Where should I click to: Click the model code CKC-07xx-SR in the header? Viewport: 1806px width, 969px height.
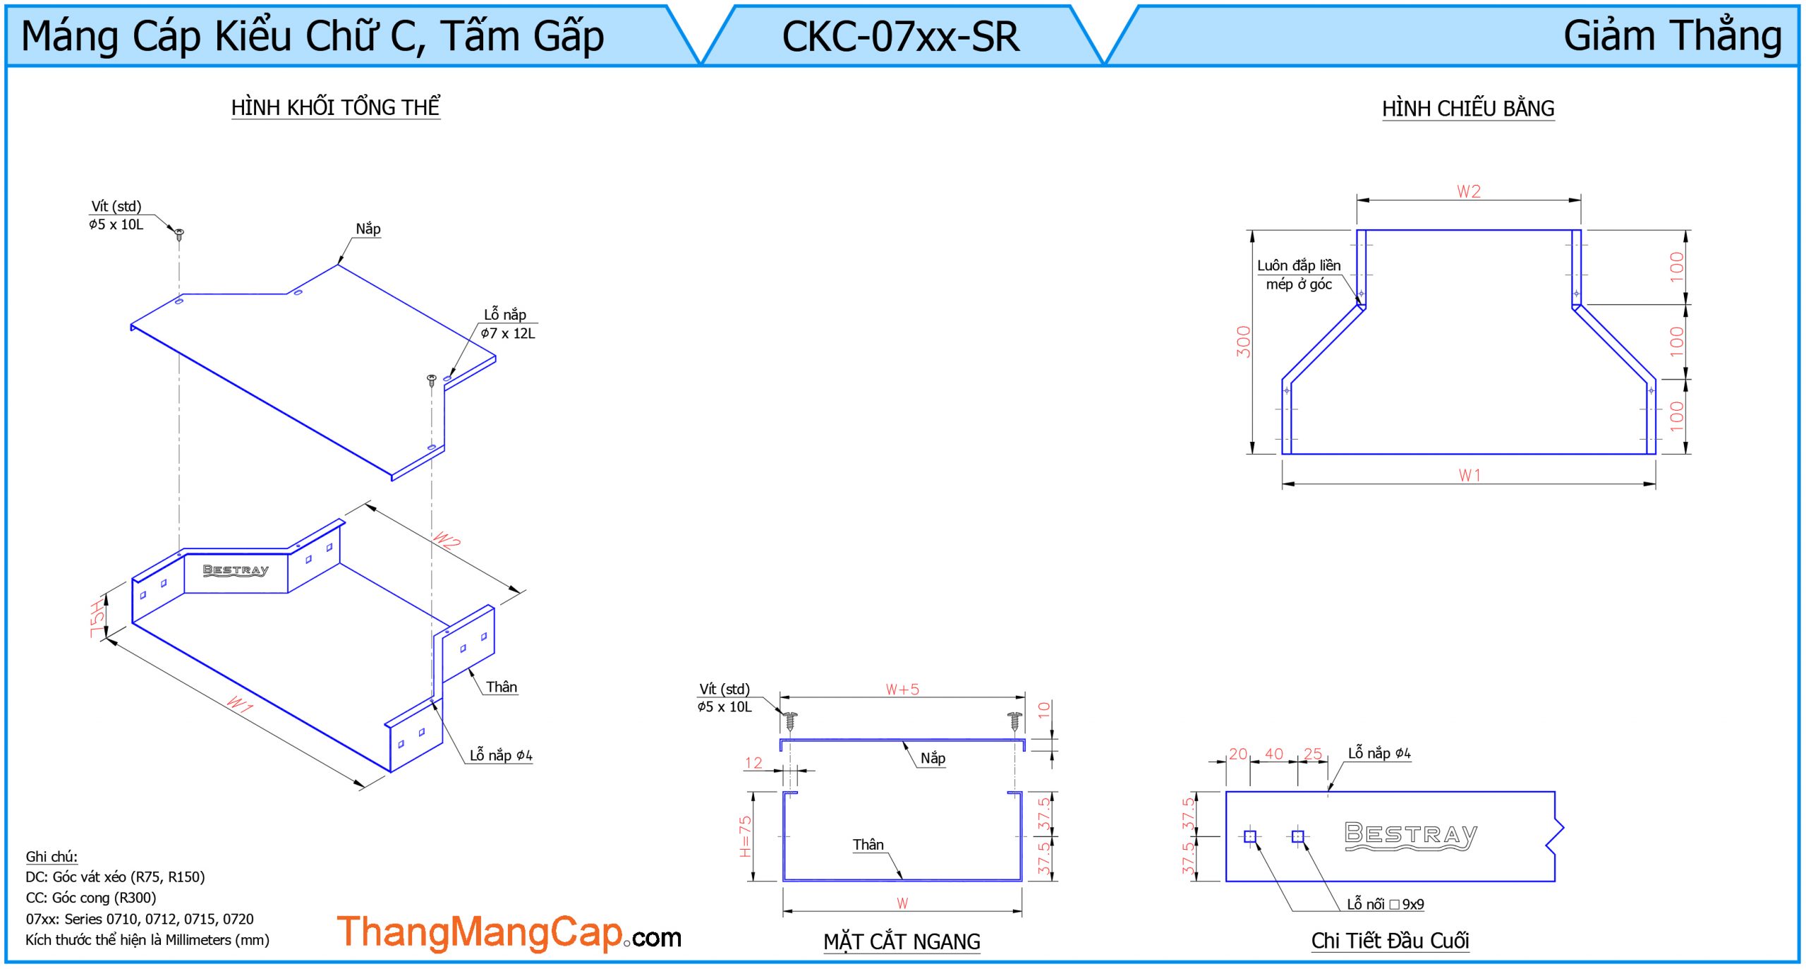(900, 37)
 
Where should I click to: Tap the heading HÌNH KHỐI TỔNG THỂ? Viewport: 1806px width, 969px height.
(335, 107)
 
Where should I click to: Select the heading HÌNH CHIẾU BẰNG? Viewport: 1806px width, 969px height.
(1467, 109)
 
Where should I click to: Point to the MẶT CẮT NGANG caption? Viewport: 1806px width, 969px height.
(901, 941)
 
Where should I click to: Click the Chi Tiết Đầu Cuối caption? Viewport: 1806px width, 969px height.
(1389, 940)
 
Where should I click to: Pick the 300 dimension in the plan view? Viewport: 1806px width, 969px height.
(1243, 342)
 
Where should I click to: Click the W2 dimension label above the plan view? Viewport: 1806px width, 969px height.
(1469, 191)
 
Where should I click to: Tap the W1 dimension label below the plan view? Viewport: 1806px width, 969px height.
(1469, 476)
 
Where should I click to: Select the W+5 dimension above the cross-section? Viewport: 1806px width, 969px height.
(902, 690)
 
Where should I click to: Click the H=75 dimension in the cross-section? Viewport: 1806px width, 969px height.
(745, 836)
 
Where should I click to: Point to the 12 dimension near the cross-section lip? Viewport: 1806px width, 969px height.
(753, 763)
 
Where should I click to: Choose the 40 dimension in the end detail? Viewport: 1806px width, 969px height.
(1274, 754)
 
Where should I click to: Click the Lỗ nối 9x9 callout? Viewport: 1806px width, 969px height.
(1385, 904)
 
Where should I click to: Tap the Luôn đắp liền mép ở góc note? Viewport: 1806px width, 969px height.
(1298, 275)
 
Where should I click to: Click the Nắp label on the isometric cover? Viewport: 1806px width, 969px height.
(368, 229)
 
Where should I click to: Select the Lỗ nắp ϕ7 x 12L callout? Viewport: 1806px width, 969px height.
(507, 324)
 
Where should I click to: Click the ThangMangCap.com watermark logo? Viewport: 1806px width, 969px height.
(508, 933)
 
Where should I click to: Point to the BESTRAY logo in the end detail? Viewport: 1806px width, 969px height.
(1410, 836)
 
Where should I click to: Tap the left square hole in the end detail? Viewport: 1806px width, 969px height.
(1250, 836)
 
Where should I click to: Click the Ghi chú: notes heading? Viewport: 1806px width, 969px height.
(51, 857)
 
